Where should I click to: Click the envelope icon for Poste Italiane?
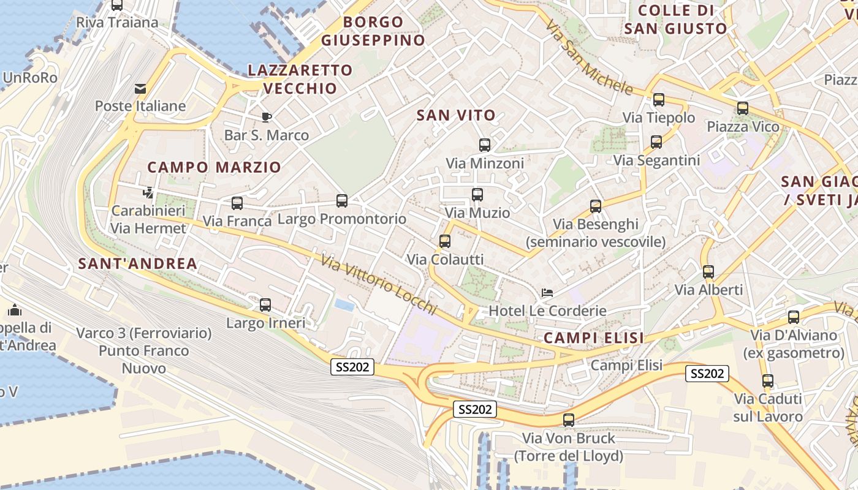(x=141, y=89)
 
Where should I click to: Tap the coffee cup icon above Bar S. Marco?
(x=266, y=117)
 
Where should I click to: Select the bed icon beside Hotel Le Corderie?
(x=547, y=293)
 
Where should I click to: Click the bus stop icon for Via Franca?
(x=237, y=203)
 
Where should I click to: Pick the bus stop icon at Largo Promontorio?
(x=342, y=201)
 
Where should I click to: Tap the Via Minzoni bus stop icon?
(x=485, y=145)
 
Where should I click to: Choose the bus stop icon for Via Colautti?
(x=445, y=241)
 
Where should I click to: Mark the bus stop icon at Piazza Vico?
(x=743, y=108)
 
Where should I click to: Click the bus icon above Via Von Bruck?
(x=569, y=420)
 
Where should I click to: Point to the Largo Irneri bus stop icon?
(x=265, y=305)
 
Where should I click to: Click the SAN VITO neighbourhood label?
(x=456, y=115)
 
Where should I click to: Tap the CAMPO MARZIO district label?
(x=214, y=167)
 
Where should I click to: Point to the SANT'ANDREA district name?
(x=138, y=264)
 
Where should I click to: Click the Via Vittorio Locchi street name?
(x=379, y=284)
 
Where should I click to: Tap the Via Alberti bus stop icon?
(x=708, y=272)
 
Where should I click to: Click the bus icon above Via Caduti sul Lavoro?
(x=768, y=381)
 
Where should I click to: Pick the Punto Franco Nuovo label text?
(x=144, y=360)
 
